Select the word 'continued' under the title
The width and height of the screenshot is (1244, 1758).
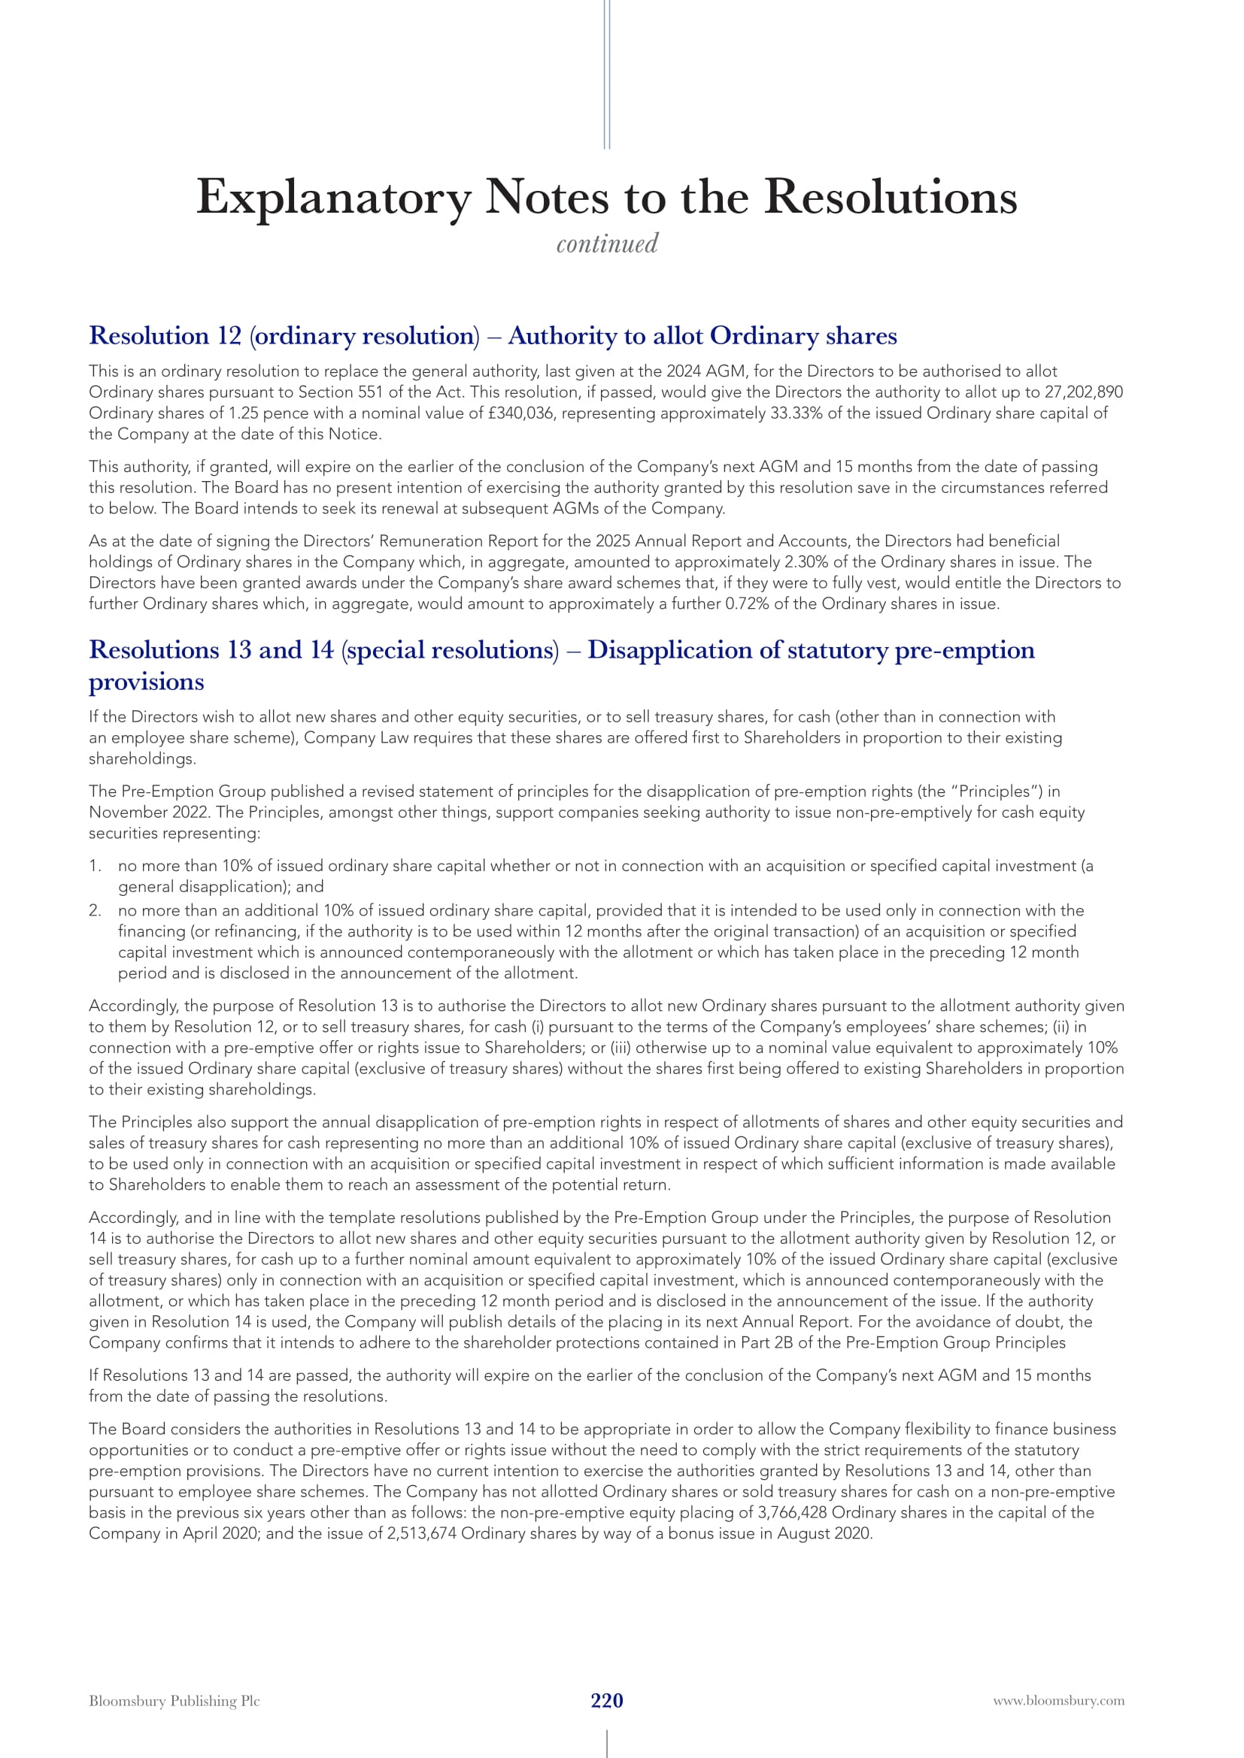click(607, 244)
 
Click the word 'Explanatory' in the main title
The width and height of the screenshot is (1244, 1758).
click(333, 198)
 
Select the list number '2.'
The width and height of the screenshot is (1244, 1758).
click(95, 910)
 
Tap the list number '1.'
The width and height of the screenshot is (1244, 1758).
click(95, 866)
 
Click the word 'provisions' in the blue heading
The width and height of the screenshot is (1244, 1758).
click(147, 682)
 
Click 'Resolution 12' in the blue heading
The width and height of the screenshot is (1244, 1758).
click(165, 336)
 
